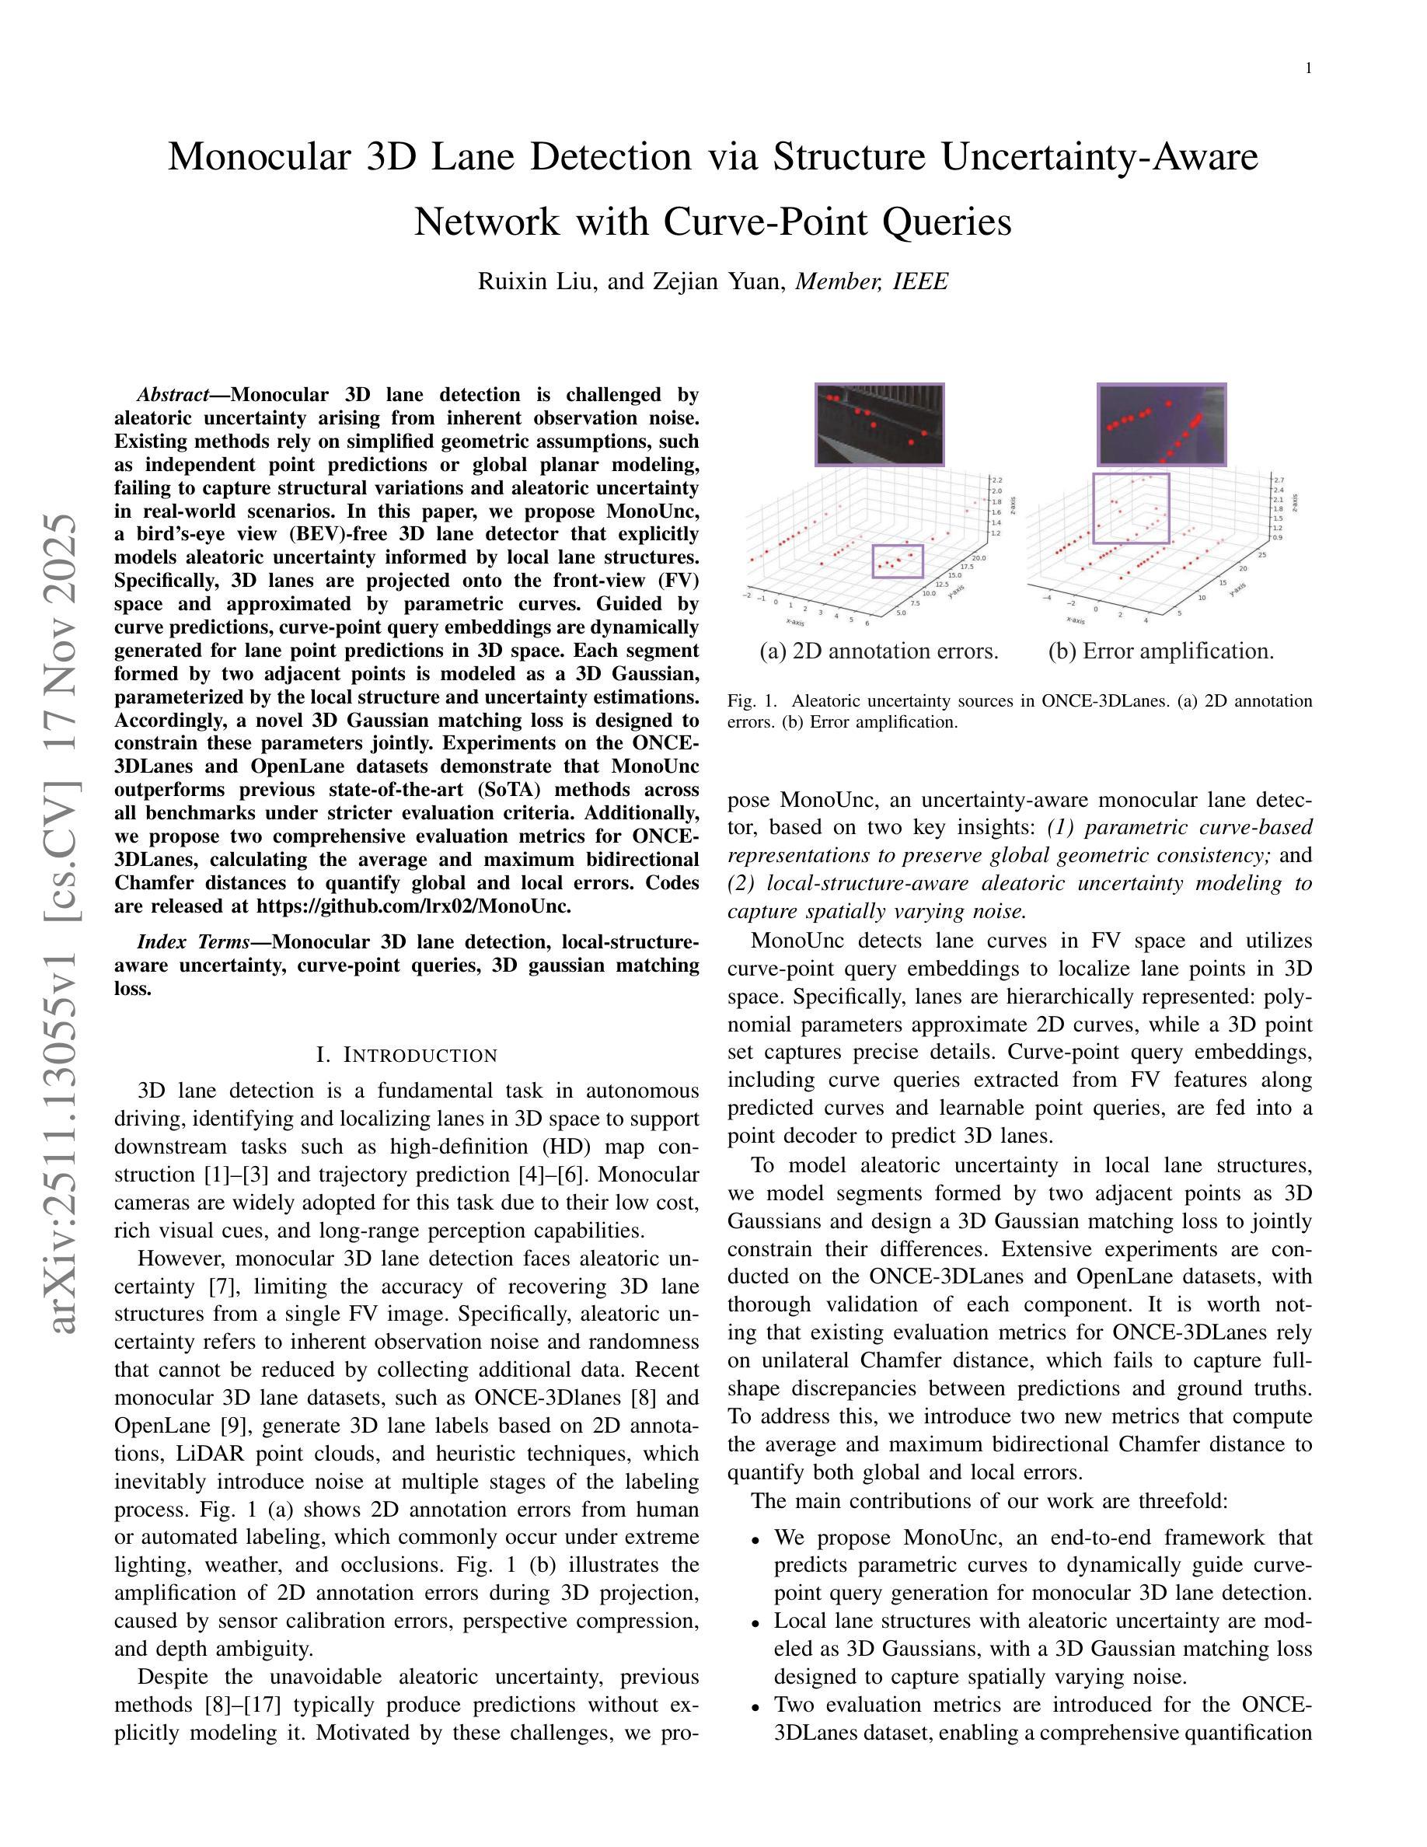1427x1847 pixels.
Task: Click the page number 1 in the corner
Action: (x=1308, y=69)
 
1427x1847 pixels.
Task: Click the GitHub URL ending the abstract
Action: (x=413, y=906)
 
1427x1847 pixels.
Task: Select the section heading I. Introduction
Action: (x=406, y=1055)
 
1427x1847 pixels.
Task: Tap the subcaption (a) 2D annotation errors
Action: (x=879, y=651)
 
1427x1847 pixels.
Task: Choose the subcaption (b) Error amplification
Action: (x=1160, y=651)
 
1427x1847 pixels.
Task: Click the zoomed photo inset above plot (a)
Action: (x=879, y=424)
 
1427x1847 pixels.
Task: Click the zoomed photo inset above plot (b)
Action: (x=1161, y=424)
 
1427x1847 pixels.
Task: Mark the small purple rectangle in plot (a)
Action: (x=898, y=560)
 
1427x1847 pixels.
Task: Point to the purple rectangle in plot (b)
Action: (x=1131, y=508)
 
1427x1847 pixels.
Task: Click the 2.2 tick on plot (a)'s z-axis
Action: (x=997, y=480)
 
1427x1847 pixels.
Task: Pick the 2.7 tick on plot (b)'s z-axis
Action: (x=1279, y=480)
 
